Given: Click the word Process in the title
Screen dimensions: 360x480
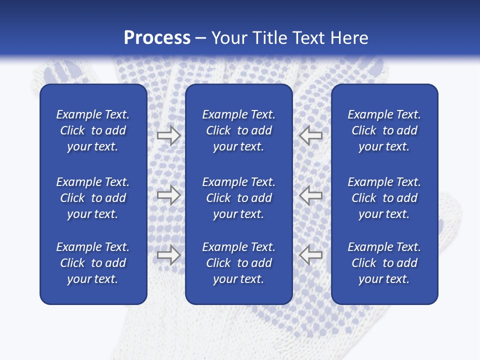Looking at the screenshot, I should pos(157,38).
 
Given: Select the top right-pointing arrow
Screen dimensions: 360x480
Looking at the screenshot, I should pos(168,135).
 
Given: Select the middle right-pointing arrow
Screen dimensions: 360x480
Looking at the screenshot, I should pos(168,195).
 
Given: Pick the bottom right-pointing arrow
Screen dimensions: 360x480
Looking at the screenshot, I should pos(168,255).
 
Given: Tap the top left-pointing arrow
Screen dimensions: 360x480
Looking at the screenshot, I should pos(311,135).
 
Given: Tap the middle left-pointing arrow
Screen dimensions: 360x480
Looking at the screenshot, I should pos(311,195).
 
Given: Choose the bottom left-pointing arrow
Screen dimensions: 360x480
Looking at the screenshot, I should pos(311,255).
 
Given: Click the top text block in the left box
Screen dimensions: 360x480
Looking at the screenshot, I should pos(93,130).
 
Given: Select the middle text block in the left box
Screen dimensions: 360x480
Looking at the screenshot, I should pos(93,198).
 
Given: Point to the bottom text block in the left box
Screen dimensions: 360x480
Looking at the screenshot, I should pos(93,263).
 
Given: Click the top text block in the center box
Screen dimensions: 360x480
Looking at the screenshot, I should pos(238,130).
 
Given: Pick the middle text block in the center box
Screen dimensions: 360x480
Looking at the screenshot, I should pos(238,198).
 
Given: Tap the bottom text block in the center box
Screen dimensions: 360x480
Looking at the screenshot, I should pos(238,263).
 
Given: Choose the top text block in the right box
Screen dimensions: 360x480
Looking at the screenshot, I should pos(384,130).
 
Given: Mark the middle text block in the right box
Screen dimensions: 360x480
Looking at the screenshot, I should pos(384,198).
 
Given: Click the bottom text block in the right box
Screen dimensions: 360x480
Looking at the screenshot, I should pos(384,263).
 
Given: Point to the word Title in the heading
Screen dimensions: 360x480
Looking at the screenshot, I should pos(270,38).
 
